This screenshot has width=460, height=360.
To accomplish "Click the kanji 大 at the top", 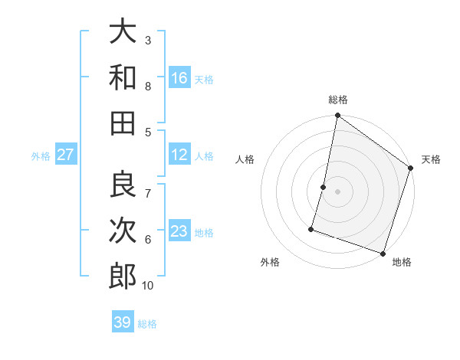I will pos(123,31).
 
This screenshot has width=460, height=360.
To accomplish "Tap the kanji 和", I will pos(123,77).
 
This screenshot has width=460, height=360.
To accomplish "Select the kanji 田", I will pos(123,123).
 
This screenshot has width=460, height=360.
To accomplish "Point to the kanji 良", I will pos(123,185).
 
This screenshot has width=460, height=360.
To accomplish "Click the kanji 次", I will pos(123,230).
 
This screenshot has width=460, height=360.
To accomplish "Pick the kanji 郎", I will pos(123,276).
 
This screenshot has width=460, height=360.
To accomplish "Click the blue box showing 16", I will pos(179,78).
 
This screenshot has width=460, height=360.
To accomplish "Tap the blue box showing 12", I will pos(179,155).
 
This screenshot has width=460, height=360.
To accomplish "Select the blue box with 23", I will pos(179,231).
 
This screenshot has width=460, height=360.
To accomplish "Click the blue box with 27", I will pos(66,155).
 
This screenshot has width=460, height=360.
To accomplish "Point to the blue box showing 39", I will pos(123,322).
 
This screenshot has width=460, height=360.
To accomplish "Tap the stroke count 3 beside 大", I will pos(148,40).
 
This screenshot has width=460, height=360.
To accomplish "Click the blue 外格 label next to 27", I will pos(41,155).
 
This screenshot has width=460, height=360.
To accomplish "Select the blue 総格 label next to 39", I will pos(147,323).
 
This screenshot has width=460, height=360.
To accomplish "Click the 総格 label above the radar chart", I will pos(337,100).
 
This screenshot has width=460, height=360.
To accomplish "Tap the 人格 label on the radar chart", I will pos(245,159).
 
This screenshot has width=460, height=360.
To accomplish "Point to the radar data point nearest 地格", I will pos(383,253).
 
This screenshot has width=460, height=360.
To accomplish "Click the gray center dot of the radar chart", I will pos(337,191).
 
